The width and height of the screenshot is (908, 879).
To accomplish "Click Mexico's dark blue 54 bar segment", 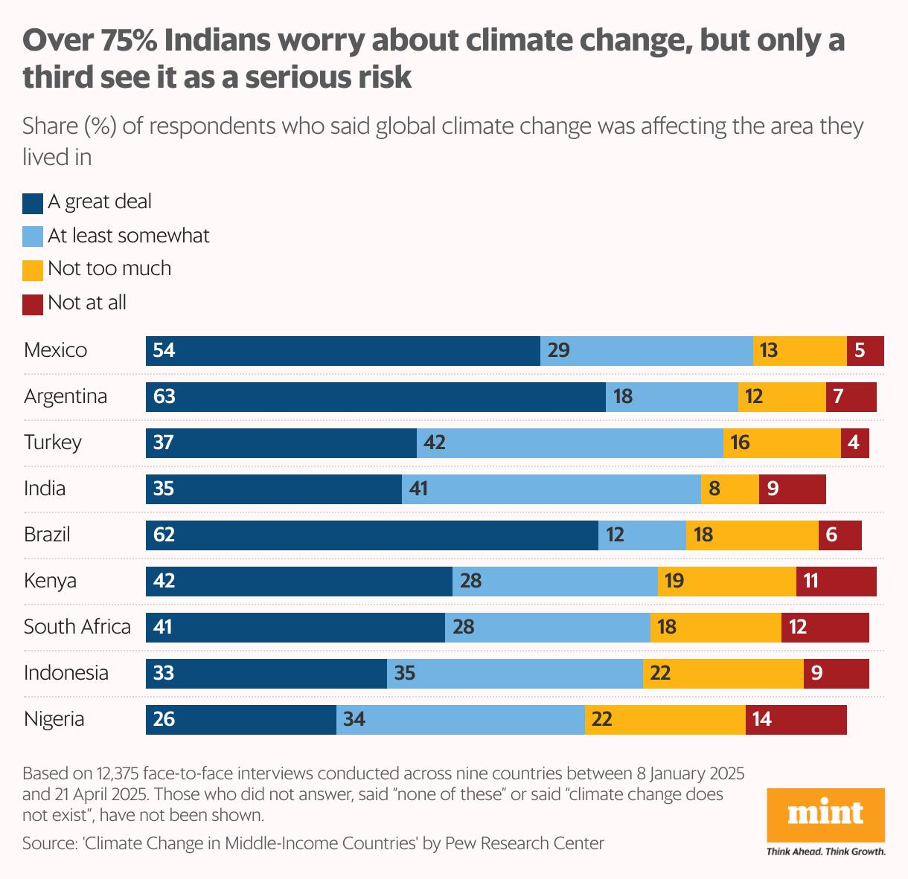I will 343,351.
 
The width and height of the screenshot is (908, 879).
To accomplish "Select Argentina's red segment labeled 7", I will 851,397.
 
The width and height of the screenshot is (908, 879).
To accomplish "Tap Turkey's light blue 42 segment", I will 570,443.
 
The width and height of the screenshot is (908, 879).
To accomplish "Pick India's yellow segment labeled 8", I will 730,489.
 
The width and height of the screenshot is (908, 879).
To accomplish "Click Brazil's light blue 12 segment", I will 642,535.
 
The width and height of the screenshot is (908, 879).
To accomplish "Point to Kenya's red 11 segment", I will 837,582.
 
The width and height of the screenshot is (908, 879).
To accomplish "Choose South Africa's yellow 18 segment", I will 716,628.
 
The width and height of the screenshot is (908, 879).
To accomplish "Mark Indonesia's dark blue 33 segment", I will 266,674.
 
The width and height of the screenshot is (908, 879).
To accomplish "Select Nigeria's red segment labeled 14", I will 796,720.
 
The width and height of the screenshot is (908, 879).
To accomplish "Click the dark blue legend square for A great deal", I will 33,203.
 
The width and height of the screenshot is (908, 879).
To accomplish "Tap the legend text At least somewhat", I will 129,236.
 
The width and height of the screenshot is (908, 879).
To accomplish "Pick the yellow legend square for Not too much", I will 33,270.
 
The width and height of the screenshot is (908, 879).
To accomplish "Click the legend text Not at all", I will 87,303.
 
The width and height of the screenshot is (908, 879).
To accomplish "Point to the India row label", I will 45,489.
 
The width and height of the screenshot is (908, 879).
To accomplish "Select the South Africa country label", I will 77,627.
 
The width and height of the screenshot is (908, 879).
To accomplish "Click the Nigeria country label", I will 54,719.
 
